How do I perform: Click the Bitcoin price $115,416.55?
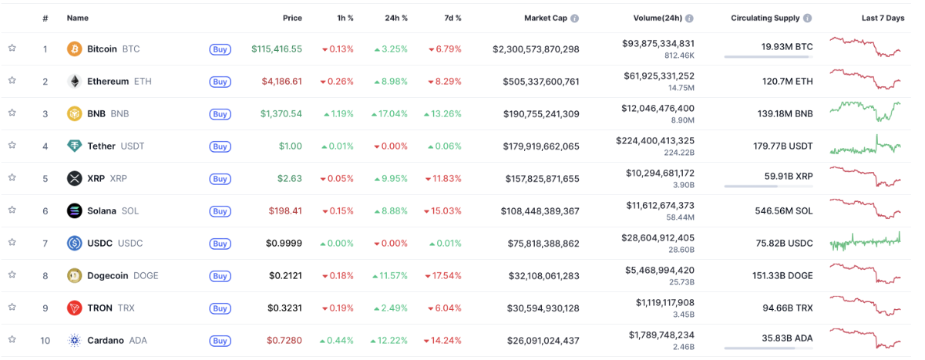(276, 49)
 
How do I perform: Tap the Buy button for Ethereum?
(220, 82)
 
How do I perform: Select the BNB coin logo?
(75, 114)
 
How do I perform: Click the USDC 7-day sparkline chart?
(865, 242)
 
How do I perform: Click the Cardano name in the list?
(105, 341)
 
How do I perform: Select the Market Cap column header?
(546, 18)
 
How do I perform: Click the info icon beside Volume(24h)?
(689, 18)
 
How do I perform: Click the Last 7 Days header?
(883, 18)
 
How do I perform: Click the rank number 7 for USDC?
(45, 244)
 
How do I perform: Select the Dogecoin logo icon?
(75, 276)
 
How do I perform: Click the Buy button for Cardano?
(220, 341)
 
